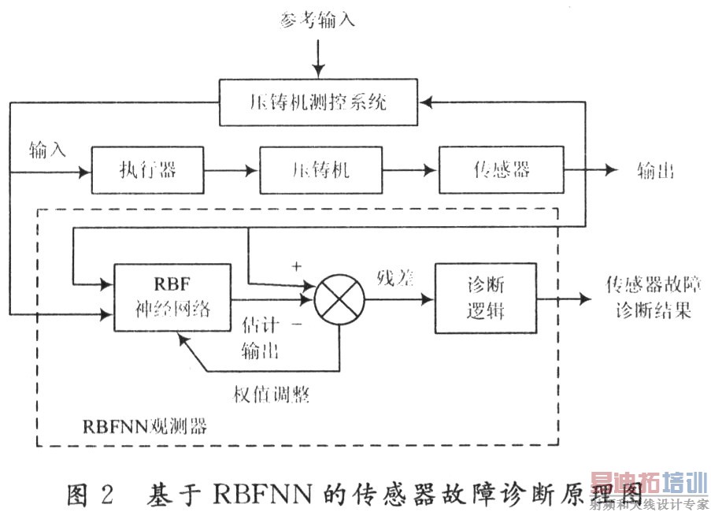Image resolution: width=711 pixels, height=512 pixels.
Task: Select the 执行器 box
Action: click(x=148, y=170)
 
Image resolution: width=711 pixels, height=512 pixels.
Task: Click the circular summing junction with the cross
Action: click(x=340, y=299)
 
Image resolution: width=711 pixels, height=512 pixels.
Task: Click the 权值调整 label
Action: click(x=272, y=395)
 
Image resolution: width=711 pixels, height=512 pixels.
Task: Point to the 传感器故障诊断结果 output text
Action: click(x=648, y=296)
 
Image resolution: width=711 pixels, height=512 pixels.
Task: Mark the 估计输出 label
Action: click(x=262, y=337)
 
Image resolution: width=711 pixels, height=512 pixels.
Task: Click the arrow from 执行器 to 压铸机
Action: click(x=231, y=170)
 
